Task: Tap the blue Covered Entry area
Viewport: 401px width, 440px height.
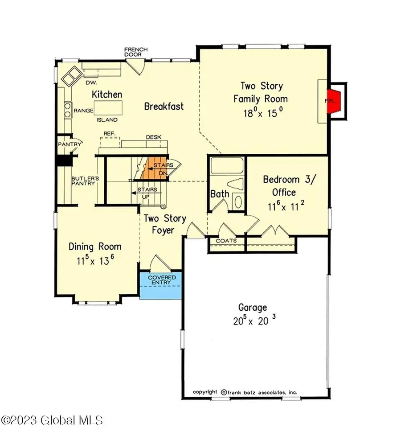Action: click(160, 285)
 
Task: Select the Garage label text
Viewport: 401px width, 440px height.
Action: click(252, 307)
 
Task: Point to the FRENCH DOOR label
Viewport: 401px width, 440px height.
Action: click(136, 52)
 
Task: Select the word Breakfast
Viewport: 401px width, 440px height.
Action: click(164, 107)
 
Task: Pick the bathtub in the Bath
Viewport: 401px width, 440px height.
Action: click(227, 167)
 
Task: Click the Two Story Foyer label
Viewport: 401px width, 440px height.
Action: click(164, 224)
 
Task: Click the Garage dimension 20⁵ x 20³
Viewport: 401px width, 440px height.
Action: click(252, 321)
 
